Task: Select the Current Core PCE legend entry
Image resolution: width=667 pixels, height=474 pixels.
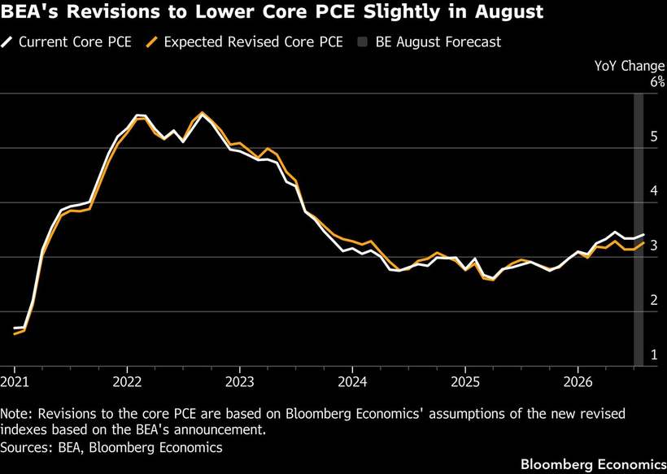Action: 66,42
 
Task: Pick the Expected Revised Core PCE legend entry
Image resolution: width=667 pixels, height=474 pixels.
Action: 244,42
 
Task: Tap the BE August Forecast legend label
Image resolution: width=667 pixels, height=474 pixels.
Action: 438,42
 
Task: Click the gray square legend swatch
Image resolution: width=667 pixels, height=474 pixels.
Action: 362,42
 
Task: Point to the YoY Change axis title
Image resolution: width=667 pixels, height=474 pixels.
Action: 629,66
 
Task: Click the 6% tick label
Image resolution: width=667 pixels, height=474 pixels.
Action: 657,81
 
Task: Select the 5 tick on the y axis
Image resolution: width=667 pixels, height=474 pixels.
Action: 654,137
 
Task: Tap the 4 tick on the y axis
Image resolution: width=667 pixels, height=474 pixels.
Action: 654,191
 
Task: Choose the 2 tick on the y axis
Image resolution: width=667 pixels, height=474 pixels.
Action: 654,300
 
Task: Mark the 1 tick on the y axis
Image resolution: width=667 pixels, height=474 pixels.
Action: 654,354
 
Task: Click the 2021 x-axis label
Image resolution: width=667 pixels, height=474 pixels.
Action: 15,382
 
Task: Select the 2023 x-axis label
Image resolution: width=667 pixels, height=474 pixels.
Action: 239,382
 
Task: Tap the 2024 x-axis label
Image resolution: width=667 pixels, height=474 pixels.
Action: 352,382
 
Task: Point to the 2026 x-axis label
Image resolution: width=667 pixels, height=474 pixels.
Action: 578,382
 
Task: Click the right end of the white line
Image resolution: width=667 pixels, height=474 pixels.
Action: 643,234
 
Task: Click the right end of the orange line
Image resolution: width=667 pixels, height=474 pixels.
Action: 643,243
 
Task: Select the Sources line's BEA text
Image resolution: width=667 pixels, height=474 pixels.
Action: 68,447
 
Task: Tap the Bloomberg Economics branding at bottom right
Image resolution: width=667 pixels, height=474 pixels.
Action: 594,463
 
